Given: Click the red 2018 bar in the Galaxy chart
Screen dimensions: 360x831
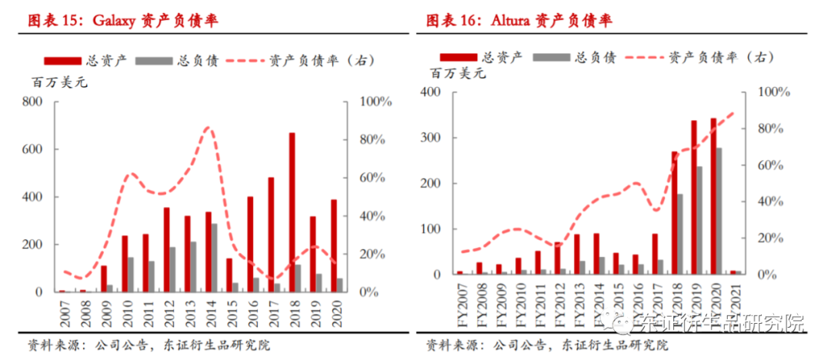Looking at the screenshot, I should click(292, 212).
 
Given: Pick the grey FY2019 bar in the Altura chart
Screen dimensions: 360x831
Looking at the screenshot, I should click(699, 220).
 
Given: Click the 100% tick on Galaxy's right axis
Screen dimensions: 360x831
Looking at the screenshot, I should click(378, 102).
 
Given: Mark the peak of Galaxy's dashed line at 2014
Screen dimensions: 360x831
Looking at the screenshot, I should click(208, 128).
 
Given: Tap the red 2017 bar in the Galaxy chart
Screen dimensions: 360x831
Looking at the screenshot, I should click(271, 235).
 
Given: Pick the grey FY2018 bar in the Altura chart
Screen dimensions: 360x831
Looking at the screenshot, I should click(679, 234).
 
